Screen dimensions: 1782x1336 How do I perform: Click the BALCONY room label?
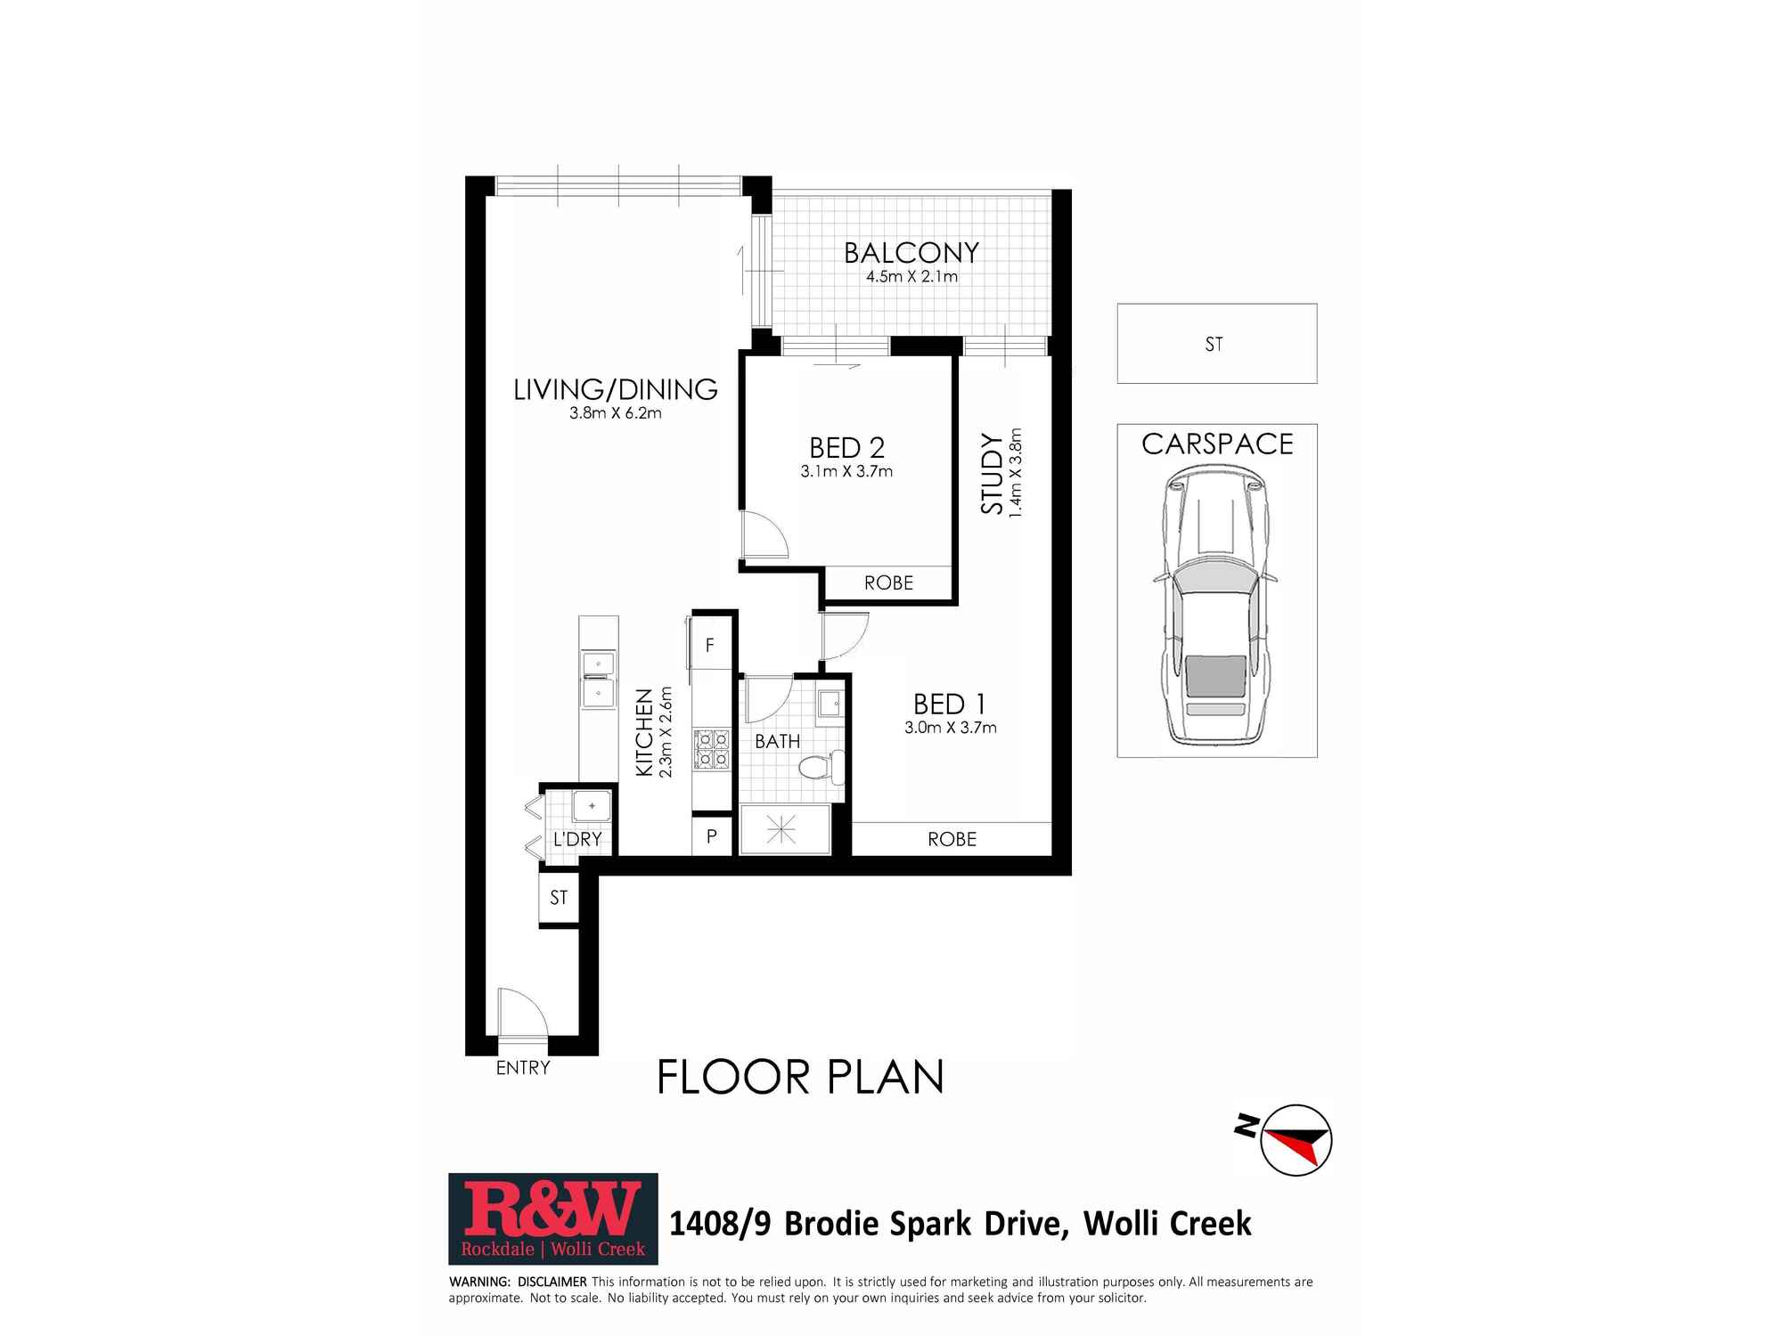click(911, 253)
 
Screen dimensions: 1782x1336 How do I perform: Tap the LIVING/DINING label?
click(616, 389)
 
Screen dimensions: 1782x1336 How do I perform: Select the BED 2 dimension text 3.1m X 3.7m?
click(846, 471)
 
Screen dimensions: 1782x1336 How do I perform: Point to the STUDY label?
click(992, 473)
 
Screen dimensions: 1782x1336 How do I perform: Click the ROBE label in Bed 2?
click(888, 582)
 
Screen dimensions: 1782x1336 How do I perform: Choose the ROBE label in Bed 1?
click(952, 839)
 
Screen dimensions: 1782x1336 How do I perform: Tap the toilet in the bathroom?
click(822, 767)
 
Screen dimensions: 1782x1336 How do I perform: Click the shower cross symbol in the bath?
click(781, 830)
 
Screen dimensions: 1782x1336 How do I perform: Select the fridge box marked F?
click(710, 645)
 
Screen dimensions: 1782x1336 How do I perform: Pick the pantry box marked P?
click(712, 836)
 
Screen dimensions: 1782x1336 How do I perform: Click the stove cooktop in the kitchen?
click(712, 749)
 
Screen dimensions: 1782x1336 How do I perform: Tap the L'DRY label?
click(577, 839)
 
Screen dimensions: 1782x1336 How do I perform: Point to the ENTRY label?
click(523, 1067)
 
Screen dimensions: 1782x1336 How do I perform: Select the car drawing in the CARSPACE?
click(1214, 607)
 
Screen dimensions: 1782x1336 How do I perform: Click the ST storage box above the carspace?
click(1217, 344)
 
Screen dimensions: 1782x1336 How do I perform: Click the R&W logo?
click(553, 1219)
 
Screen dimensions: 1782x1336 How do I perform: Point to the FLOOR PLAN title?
click(800, 1077)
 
